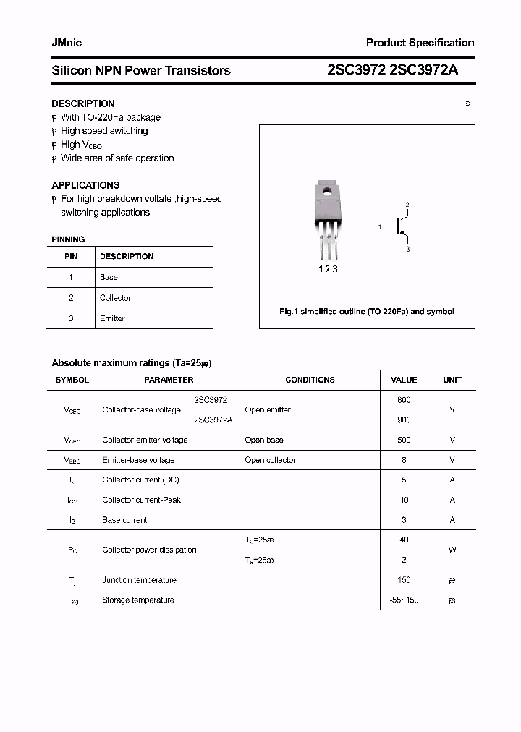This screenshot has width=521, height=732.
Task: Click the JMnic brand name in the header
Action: tap(67, 43)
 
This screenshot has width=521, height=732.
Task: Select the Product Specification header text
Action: tap(420, 43)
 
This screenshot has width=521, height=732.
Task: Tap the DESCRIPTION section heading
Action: tap(83, 103)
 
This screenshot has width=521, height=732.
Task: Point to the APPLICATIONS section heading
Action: tap(85, 185)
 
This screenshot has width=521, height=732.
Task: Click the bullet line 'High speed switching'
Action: tap(103, 131)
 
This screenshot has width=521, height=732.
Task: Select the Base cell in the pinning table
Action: tap(109, 277)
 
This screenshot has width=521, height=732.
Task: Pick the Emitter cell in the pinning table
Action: tap(112, 318)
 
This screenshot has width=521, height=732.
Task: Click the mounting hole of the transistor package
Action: tap(327, 192)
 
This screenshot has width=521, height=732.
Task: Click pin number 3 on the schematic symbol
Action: tap(407, 250)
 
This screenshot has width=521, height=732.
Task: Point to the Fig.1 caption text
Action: tap(367, 312)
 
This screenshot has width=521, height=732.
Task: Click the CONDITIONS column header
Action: tap(310, 380)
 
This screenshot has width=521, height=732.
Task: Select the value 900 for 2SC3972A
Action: tap(404, 420)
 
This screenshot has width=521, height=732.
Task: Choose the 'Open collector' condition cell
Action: tap(270, 460)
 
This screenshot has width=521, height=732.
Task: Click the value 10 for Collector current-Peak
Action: tap(404, 500)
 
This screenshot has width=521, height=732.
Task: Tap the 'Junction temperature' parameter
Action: tap(139, 580)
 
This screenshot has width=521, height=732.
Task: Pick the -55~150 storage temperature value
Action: tap(404, 600)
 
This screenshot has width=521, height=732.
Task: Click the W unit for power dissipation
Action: tap(452, 550)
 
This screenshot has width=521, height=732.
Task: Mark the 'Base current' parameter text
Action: tap(124, 520)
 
